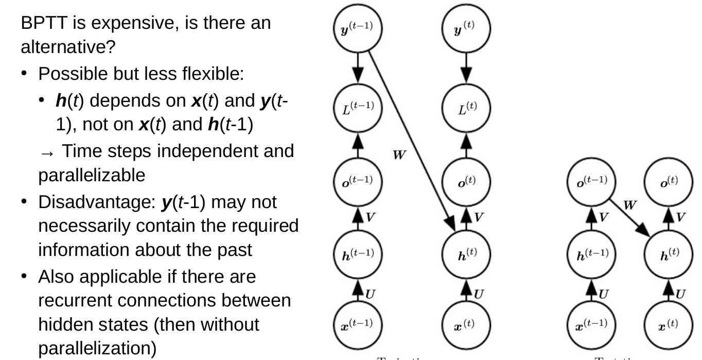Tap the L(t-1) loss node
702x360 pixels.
tap(359, 107)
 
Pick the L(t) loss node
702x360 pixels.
tap(466, 107)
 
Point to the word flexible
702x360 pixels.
tap(208, 75)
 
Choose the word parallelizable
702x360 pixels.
tap(92, 176)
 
